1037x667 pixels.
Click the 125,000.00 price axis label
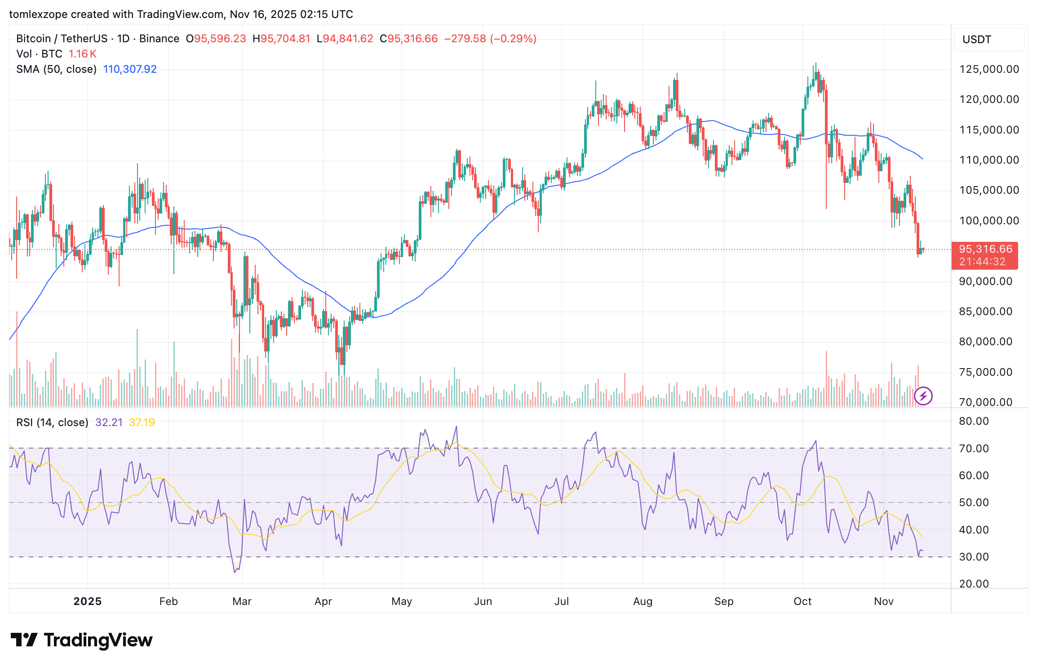989,69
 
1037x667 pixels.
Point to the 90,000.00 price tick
985,281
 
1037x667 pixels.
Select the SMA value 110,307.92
130,69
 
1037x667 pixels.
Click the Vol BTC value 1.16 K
82,54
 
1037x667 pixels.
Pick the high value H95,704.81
281,39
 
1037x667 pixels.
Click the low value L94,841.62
345,39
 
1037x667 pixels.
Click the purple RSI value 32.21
109,422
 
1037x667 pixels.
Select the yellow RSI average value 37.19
142,422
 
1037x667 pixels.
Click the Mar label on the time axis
242,601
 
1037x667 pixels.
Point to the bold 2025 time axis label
88,601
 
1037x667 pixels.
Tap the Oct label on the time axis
802,601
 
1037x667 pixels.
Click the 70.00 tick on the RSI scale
974,449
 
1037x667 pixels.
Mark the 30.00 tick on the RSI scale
974,557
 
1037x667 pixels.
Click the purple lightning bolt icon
923,396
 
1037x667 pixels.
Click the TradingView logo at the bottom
82,640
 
